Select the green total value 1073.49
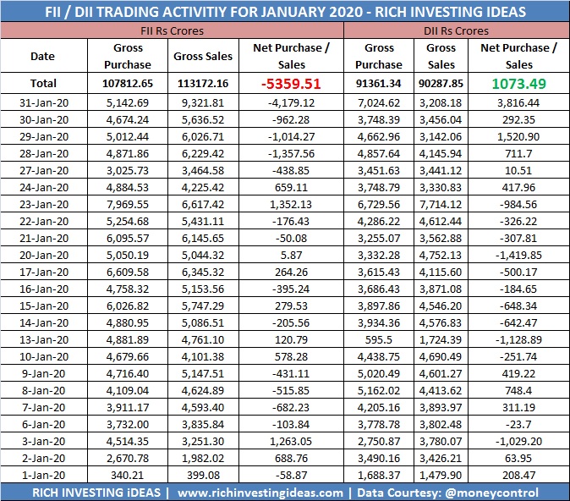pyautogui.click(x=518, y=84)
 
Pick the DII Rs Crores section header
pyautogui.click(x=455, y=30)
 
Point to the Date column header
pyautogui.click(x=42, y=57)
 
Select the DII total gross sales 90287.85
pyautogui.click(x=441, y=84)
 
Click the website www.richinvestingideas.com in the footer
pyautogui.click(x=260, y=493)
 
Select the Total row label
pyautogui.click(x=42, y=84)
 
